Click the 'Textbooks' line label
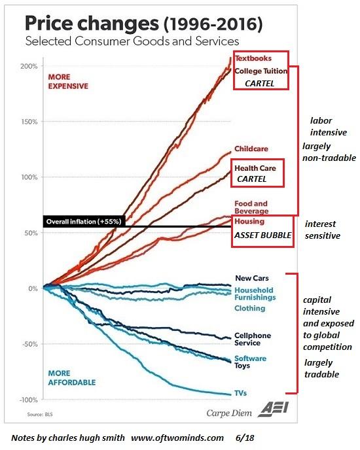pos(253,58)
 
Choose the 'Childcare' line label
pos(251,149)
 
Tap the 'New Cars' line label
pos(251,278)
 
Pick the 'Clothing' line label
pos(249,308)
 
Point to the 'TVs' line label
pos(240,393)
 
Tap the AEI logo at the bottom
pos(268,410)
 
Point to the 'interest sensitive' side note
pos(323,230)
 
